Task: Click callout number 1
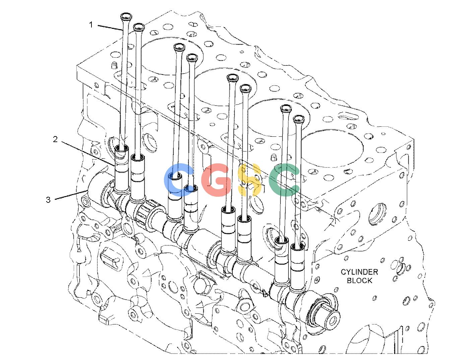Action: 91,25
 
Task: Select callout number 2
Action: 55,139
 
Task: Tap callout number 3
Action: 48,200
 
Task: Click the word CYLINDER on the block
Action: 359,272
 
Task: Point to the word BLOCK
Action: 359,280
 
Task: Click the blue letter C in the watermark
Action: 179,180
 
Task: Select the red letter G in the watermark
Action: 216,180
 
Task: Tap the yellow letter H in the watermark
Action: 250,180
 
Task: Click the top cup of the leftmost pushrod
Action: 126,17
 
